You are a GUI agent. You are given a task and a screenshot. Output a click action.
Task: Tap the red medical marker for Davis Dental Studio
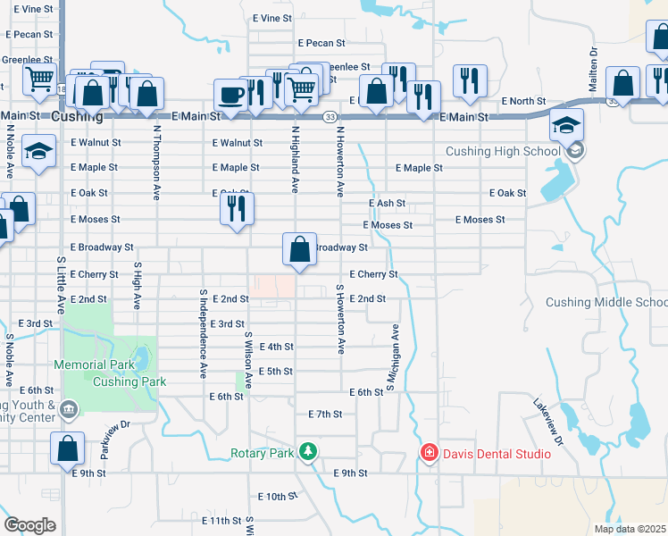pos(430,454)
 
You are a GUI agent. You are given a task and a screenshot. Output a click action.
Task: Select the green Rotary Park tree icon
pos(308,451)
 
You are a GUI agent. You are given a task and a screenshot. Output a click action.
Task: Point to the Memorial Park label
pos(93,364)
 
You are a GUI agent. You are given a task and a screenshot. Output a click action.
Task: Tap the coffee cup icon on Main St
pos(231,96)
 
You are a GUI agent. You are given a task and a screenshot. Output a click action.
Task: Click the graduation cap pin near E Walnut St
pos(38,154)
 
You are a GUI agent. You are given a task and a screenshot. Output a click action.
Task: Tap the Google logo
pos(29,525)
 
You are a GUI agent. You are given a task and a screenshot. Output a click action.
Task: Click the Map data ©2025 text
pos(630,529)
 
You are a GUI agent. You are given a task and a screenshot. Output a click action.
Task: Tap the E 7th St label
pos(325,415)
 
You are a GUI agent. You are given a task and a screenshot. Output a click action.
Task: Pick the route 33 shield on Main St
pos(330,117)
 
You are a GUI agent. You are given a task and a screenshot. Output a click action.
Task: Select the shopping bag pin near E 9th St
pos(68,450)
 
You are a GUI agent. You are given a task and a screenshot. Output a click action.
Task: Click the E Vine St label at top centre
pos(271,18)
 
